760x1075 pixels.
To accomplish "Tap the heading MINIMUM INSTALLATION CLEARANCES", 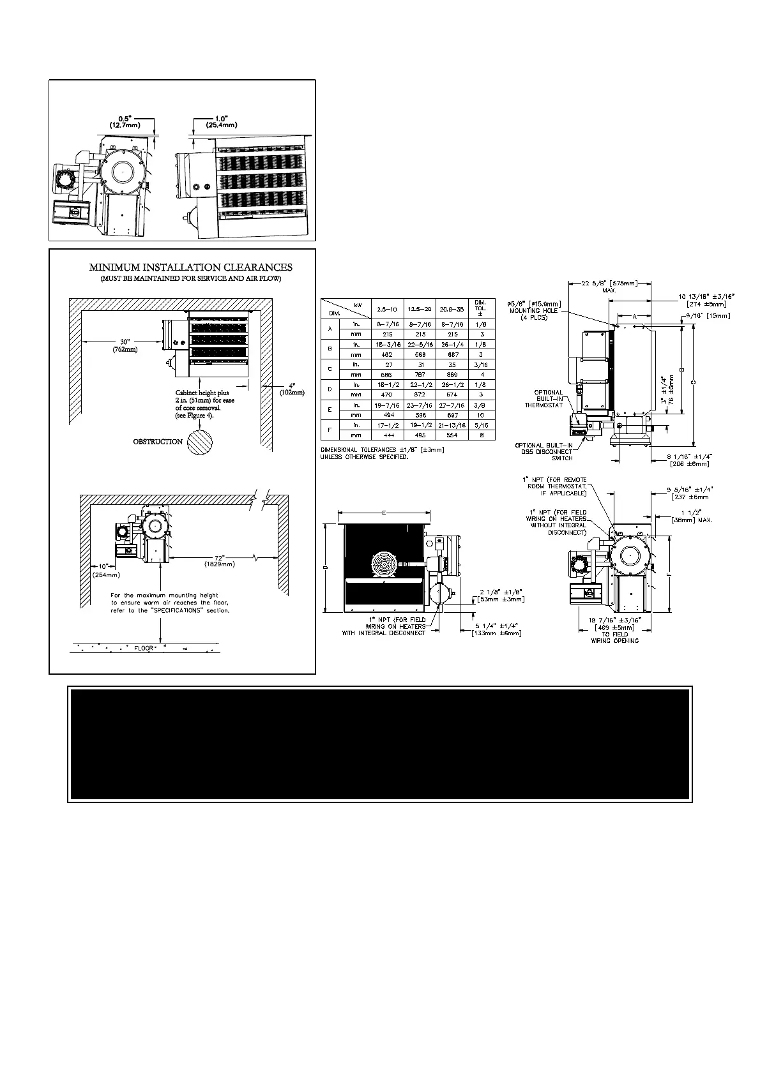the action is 190,267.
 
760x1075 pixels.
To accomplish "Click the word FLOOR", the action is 144,648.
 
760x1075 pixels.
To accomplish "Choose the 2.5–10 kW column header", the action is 386,309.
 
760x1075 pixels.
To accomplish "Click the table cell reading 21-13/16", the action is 453,425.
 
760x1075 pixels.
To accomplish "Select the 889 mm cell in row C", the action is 453,375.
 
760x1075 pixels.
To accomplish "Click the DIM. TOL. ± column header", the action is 480,308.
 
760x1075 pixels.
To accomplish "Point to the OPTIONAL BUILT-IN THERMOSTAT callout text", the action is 543,398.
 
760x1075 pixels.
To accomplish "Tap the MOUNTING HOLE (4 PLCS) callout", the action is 534,311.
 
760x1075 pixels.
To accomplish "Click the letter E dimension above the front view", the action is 383,513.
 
